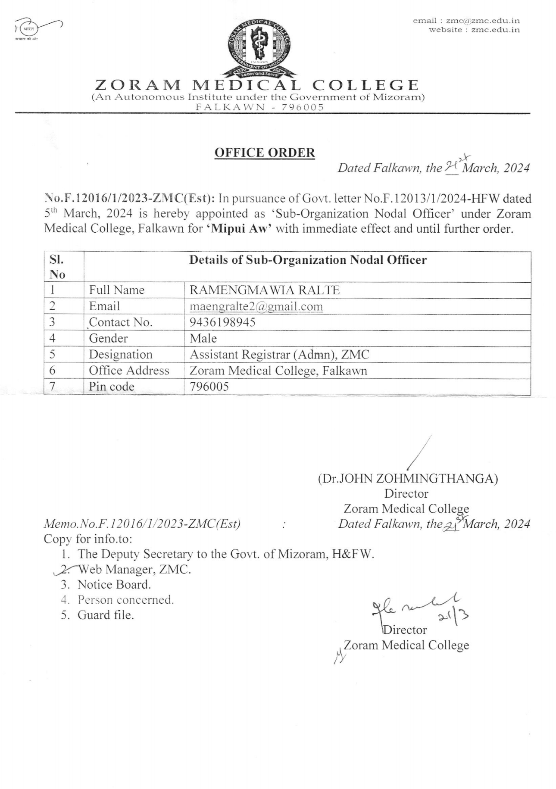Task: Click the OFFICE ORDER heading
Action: tap(265, 153)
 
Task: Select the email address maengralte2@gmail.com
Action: tap(256, 306)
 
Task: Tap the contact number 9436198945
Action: tap(222, 322)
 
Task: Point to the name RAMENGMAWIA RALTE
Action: tap(264, 290)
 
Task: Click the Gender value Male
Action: tap(203, 338)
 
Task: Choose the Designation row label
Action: tap(121, 355)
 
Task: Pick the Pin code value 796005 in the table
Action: tap(209, 387)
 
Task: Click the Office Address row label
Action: tap(129, 371)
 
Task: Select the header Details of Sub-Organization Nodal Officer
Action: tap(308, 260)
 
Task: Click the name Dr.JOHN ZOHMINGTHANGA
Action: tap(408, 479)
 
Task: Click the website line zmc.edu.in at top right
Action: tap(474, 30)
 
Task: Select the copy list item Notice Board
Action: tap(114, 585)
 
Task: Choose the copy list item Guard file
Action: tap(106, 615)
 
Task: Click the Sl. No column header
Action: tap(57, 267)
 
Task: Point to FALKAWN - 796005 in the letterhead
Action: tap(259, 107)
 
